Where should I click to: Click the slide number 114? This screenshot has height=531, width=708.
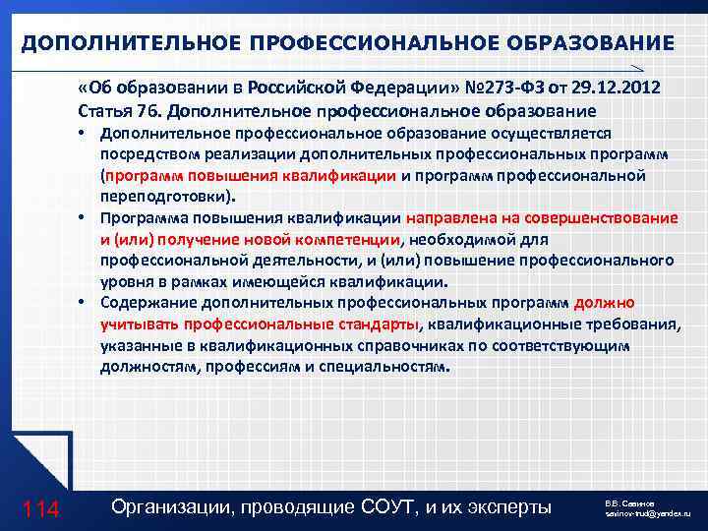point(40,508)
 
